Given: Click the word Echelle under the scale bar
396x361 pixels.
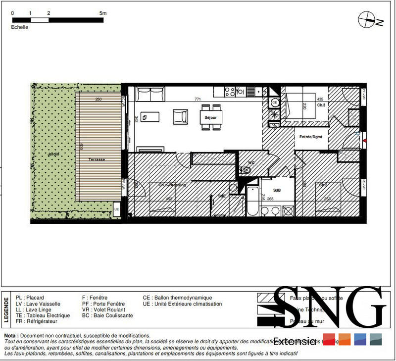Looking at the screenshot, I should (x=20, y=27).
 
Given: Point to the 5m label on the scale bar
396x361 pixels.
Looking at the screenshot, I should (x=102, y=14).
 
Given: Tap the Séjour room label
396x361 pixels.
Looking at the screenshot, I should (x=211, y=118).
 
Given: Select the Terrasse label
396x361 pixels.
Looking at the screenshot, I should (x=97, y=159).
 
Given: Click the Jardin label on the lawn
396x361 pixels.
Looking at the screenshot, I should (x=53, y=155).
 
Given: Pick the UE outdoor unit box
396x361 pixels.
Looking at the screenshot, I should (x=117, y=208).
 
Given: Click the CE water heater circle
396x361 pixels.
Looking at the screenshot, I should (x=275, y=103).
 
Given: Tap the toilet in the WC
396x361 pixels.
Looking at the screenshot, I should (x=247, y=170).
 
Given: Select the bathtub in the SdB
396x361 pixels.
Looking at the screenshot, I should (x=252, y=202).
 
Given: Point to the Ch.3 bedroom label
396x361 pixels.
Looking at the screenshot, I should (x=321, y=105).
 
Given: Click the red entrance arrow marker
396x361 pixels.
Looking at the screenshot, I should (x=365, y=141).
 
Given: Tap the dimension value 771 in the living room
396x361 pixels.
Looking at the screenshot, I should (x=198, y=100).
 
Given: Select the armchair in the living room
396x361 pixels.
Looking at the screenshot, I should (x=180, y=117).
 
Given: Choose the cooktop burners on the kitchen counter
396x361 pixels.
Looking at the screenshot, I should (x=230, y=91).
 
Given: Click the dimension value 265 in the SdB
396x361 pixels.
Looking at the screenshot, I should (x=270, y=199).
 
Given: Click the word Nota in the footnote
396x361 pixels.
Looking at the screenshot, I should (x=11, y=335).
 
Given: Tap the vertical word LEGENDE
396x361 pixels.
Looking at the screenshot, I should (x=6, y=309).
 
